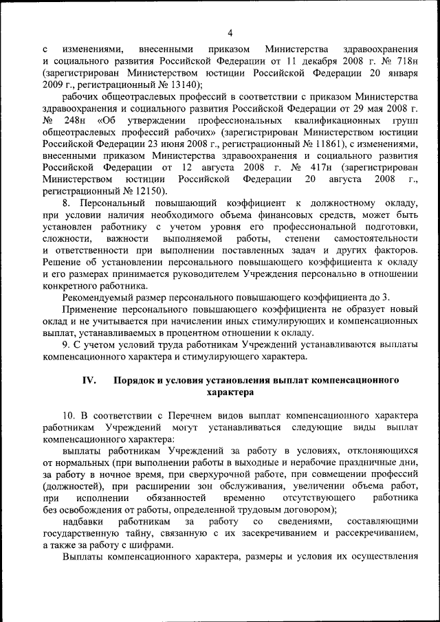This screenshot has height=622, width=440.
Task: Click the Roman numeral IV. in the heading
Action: click(x=91, y=380)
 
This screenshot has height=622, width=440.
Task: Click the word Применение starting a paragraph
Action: click(x=95, y=309)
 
